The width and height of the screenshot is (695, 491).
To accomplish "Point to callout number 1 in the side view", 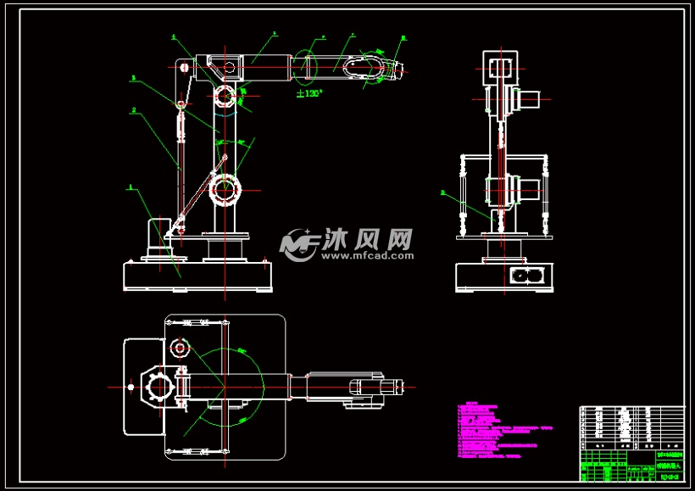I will coord(130,186).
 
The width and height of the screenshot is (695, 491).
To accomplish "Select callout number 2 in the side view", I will coord(133,109).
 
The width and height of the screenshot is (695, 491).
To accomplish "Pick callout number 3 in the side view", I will coord(133,78).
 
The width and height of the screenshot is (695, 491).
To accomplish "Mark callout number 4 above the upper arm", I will coord(173,36).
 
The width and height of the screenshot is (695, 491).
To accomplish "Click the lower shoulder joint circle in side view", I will coord(225,190).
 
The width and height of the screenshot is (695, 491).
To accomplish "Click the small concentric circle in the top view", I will coord(179,347).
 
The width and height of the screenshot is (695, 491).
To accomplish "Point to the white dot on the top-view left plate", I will coord(131,387).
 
